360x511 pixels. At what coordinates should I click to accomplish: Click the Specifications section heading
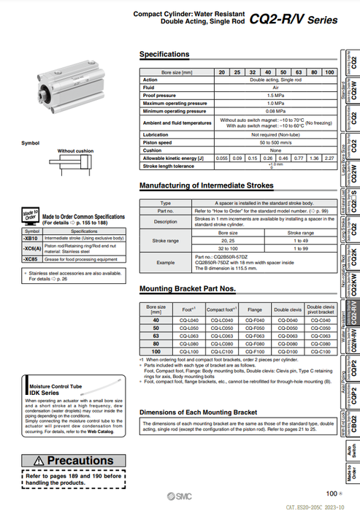pyautogui.click(x=164, y=55)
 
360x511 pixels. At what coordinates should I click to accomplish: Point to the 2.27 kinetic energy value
pyautogui.click(x=329, y=158)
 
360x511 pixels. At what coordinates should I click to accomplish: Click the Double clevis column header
pyautogui.click(x=287, y=309)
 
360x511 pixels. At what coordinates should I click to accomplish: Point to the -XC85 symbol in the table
pyautogui.click(x=31, y=259)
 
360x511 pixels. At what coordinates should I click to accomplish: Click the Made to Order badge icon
pyautogui.click(x=31, y=216)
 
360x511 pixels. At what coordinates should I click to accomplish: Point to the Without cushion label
pyautogui.click(x=75, y=150)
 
